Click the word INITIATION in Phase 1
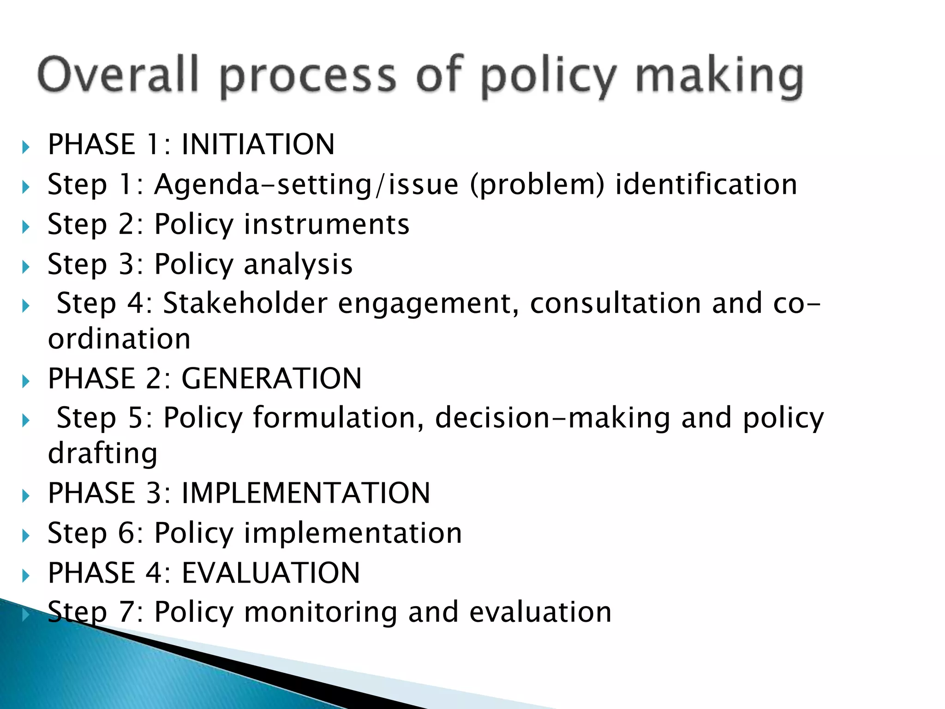coord(258,144)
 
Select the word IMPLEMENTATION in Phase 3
coord(305,493)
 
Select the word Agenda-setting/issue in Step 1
coord(306,185)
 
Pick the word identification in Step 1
coord(706,185)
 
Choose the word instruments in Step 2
coord(326,225)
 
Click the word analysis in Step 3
coord(298,265)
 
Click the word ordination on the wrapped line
coord(119,339)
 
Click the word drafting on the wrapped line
coord(102,453)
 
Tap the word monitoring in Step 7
coord(320,613)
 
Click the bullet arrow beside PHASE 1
coord(26,148)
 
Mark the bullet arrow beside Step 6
coord(26,536)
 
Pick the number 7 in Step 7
coord(126,613)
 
